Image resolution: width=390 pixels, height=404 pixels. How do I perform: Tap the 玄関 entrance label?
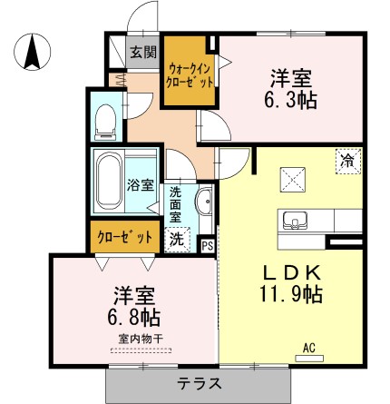click(141, 52)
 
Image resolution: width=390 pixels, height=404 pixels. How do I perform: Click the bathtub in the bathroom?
click(110, 181)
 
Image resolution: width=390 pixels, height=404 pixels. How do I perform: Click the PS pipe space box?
click(208, 243)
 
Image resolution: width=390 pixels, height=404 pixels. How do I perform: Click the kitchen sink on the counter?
click(294, 221)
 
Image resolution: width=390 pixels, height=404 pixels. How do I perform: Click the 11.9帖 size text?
click(289, 295)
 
